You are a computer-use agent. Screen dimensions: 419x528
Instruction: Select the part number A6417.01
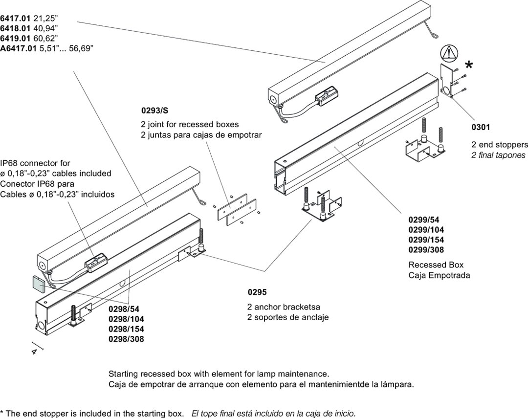tap(19, 47)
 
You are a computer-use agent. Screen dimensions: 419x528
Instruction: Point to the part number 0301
tap(481, 128)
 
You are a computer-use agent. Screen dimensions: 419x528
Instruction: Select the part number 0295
tap(257, 293)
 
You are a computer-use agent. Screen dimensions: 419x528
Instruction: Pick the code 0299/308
tap(426, 250)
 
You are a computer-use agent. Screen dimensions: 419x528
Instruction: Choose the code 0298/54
tap(124, 309)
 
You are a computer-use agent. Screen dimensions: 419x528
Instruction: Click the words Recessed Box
tap(436, 265)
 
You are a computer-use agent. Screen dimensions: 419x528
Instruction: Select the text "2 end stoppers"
tap(499, 145)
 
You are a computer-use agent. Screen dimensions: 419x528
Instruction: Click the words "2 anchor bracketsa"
tap(284, 307)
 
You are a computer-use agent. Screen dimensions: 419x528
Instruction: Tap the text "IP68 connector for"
tap(35, 163)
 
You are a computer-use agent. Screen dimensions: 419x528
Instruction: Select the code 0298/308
tap(126, 338)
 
